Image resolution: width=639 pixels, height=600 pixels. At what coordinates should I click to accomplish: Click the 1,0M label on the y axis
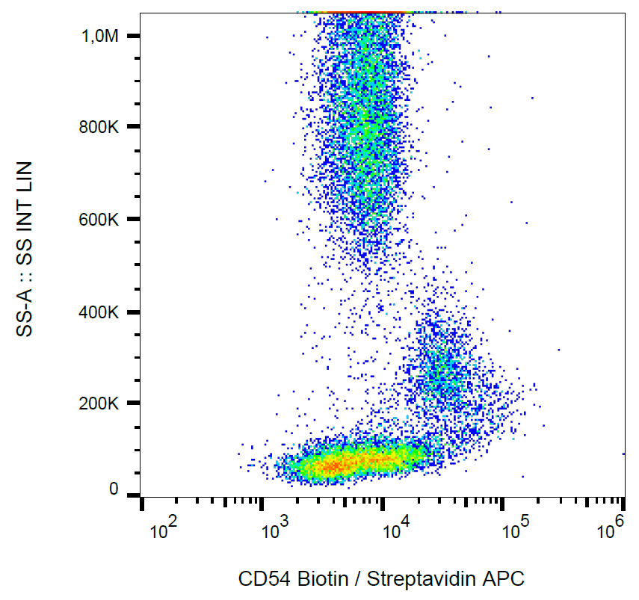[100, 37]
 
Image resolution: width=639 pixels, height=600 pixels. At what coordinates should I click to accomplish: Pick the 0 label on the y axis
[114, 489]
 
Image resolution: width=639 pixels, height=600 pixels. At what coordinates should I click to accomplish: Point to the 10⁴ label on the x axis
[395, 531]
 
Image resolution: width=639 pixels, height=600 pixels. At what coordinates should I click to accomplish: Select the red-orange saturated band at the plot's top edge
[359, 12]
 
